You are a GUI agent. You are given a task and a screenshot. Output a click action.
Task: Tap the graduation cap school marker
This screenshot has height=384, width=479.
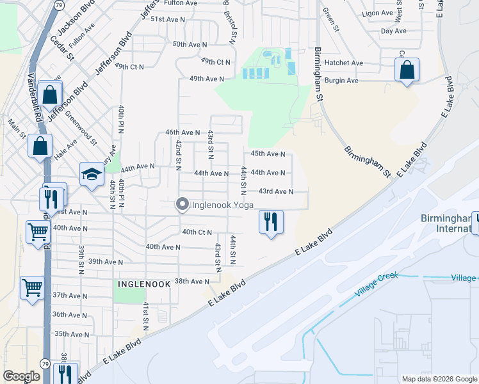92,173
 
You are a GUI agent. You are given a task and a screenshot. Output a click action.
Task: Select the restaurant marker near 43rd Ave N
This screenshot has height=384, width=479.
270,222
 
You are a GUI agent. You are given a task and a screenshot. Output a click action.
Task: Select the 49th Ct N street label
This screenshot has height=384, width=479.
215,61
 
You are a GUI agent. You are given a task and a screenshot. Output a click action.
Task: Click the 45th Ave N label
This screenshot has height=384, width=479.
268,154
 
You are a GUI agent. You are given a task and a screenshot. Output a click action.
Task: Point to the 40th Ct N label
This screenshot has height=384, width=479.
197,232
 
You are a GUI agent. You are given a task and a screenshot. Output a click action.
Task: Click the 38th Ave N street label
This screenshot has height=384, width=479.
192,282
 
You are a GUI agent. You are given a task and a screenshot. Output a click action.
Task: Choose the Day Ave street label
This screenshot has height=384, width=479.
393,31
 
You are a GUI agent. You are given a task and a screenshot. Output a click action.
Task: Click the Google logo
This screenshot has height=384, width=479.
22,376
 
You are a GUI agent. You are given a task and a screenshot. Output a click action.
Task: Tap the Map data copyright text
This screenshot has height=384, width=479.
439,379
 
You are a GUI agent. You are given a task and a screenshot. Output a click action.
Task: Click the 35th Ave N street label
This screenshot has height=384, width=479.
72,334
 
